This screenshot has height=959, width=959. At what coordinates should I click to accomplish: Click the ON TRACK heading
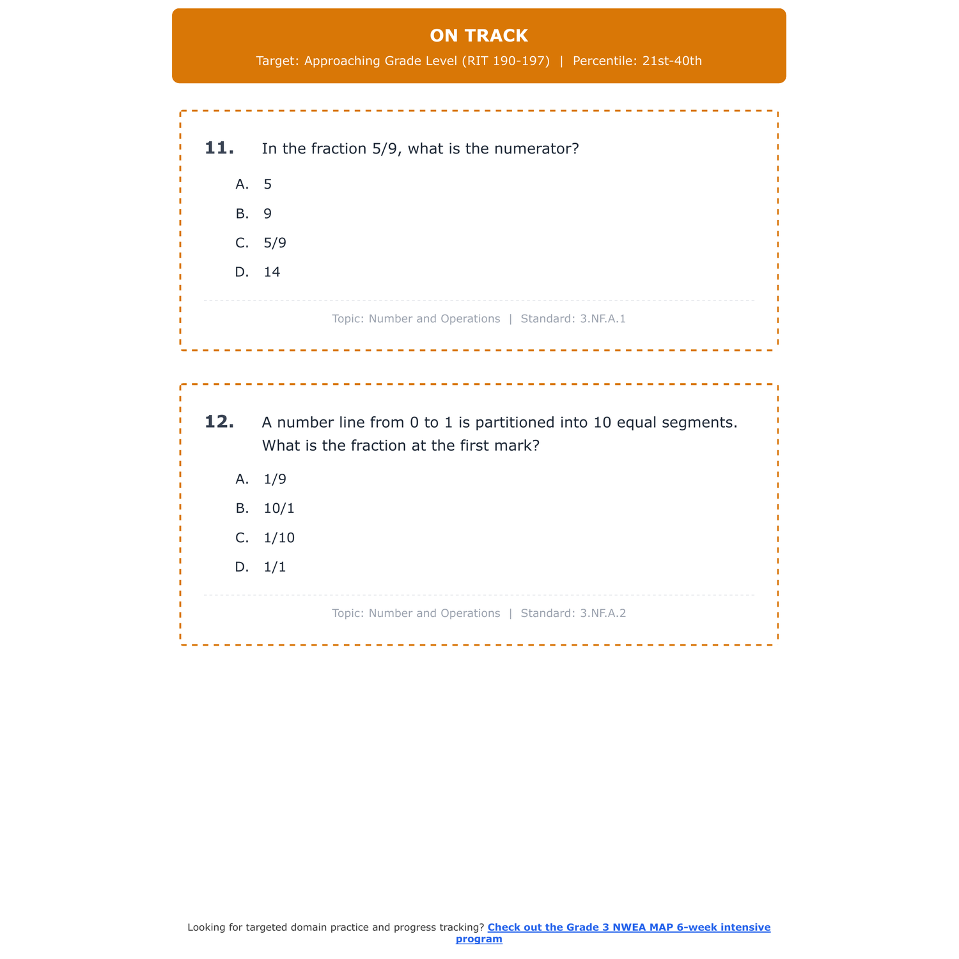pos(479,36)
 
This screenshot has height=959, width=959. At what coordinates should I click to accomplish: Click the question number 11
pos(219,148)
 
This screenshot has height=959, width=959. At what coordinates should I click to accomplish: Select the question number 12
pos(219,422)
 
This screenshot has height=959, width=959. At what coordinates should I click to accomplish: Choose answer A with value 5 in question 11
pos(267,184)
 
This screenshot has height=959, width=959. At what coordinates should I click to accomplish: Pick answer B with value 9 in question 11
pos(267,214)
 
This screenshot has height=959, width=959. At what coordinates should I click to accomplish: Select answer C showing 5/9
pos(275,243)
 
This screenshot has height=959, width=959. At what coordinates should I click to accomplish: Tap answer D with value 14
pos(272,272)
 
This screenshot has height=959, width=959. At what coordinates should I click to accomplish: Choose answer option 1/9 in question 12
pos(275,479)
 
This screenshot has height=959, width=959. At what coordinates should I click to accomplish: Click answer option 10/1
pos(279,508)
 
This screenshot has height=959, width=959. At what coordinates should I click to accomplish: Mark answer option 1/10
pos(279,538)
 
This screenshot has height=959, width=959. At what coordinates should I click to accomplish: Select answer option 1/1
pos(275,567)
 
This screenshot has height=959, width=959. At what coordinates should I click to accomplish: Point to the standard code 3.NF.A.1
pos(603,318)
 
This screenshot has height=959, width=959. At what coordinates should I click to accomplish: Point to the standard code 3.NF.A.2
pos(603,613)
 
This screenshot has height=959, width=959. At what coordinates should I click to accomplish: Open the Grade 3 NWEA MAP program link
pos(628,928)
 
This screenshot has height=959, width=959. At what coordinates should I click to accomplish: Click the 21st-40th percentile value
pos(672,61)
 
